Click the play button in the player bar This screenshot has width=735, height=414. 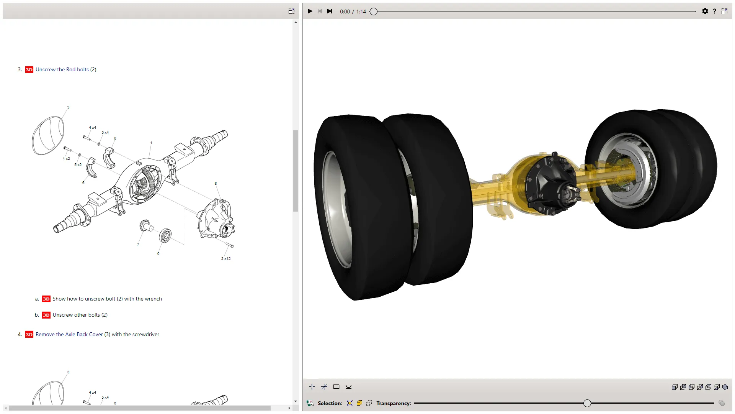tap(310, 11)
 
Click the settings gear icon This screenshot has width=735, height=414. tap(705, 11)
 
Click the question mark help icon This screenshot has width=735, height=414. tap(714, 11)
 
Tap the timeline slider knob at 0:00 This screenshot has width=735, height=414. tap(374, 11)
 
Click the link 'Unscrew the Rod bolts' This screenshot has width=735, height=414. tap(62, 69)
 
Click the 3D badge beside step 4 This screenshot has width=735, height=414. tap(29, 335)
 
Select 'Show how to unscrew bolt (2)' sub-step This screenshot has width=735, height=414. tap(107, 299)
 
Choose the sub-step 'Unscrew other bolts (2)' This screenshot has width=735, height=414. tap(80, 315)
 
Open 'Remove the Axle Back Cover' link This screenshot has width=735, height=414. tap(69, 335)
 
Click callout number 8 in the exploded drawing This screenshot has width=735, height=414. tap(216, 184)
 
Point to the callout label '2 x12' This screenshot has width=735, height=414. tap(226, 259)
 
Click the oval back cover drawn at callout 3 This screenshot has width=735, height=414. tap(48, 135)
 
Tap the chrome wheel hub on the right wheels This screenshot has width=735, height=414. tap(628, 171)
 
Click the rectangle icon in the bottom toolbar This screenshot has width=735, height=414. tap(336, 387)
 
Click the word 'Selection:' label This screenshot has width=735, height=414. tap(330, 403)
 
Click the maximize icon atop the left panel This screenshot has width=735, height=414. tap(291, 11)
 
